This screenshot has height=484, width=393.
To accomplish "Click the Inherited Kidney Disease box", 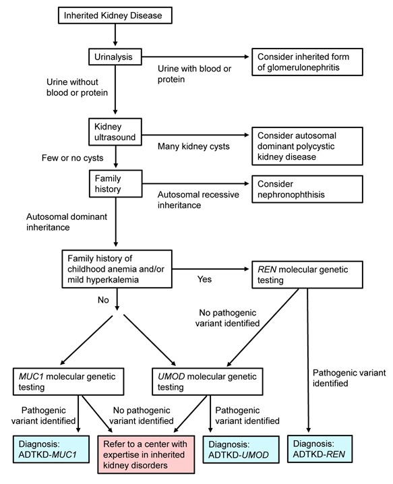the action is pos(115,16).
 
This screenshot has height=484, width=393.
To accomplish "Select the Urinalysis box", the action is pos(115,57).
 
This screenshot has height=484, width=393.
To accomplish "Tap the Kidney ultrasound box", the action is pos(115,132).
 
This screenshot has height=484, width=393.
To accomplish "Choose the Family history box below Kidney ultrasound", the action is pos(116,183).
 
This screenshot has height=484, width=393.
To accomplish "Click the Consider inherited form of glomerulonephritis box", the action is pos(307,62).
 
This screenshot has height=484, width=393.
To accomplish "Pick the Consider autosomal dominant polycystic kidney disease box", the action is pos(307,146).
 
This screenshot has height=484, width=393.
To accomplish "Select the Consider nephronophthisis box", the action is pos(307,189).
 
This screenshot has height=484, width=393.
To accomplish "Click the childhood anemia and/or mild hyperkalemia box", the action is pos(117,269).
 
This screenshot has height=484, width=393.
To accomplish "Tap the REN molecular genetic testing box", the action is pos(307,275).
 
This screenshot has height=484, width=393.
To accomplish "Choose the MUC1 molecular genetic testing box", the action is pos(68,382).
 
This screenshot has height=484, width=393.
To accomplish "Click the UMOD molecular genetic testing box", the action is pos(208,382).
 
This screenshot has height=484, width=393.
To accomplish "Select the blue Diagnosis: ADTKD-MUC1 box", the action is pos(51,449).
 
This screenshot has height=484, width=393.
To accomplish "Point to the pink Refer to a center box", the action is pos(146,454).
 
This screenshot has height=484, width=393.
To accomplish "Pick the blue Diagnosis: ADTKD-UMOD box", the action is pos(241,450).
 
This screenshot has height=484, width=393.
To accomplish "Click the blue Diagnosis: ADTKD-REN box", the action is pos(320,449).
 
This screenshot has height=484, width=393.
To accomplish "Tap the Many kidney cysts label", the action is pos(193,146).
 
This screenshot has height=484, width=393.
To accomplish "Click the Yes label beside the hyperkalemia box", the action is pos(204,279).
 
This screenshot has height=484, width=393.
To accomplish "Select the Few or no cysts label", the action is pos(73,158).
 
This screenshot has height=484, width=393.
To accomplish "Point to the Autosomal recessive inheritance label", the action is pos(198,200).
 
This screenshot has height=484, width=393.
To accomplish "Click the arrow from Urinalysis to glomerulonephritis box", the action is pos(195,57).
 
